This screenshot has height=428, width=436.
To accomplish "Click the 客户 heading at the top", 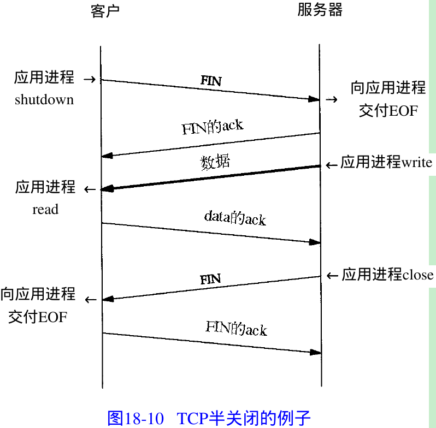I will [105, 11].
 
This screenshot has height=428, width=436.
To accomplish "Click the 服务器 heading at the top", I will [320, 10].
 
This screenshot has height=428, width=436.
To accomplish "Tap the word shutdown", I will [44, 99].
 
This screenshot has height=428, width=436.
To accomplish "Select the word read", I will [45, 210].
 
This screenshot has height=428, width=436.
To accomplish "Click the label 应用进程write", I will [386, 163].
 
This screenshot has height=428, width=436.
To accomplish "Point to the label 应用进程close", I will [387, 275].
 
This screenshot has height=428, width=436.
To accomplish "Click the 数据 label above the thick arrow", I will [215, 162].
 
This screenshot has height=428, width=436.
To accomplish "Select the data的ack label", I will [235, 218].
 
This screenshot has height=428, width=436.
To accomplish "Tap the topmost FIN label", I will [211, 81].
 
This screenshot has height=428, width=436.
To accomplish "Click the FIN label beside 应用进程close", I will [210, 280].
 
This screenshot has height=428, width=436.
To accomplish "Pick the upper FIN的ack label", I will [213, 127].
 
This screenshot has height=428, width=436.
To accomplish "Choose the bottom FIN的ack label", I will [236, 329].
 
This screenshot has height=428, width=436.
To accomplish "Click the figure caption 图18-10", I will [136, 418].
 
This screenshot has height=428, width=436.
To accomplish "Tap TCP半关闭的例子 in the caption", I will [244, 418].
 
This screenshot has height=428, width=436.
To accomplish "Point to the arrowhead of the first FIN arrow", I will [314, 99].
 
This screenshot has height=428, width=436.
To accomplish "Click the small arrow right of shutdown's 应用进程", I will [90, 80].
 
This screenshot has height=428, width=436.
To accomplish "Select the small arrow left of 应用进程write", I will [332, 164].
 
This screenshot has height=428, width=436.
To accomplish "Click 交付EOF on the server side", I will [388, 111].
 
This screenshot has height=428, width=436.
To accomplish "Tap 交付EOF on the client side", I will [38, 317].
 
